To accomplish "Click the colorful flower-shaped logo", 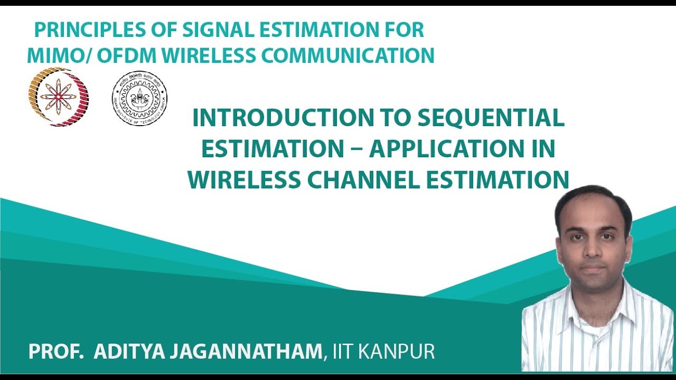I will pos(59,97).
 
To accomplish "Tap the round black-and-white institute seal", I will pos(139,98).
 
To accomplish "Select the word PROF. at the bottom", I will pos(56,352).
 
